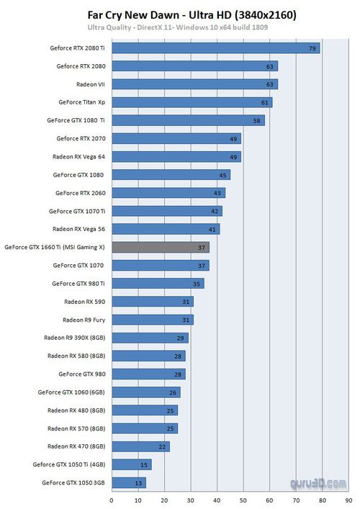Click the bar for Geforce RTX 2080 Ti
[x=216, y=48]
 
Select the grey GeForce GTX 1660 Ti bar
[x=161, y=248]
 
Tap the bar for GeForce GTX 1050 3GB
[x=129, y=482]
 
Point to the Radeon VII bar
[x=195, y=84]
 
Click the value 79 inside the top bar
[x=312, y=48]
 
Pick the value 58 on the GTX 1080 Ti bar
[x=256, y=121]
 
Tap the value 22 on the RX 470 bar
[x=162, y=446]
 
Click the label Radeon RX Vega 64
[x=79, y=157]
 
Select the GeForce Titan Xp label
[x=82, y=102]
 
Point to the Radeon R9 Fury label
[x=84, y=320]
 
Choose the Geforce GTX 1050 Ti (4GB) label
[x=69, y=464]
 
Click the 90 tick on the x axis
[x=348, y=500]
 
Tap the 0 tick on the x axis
[x=112, y=500]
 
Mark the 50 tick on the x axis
[x=243, y=500]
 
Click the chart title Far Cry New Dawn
[x=133, y=15]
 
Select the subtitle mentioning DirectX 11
[x=178, y=27]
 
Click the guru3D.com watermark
[x=318, y=484]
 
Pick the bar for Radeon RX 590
[x=153, y=302]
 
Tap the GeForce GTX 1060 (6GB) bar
[x=146, y=392]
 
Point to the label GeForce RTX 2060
[x=81, y=193]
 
